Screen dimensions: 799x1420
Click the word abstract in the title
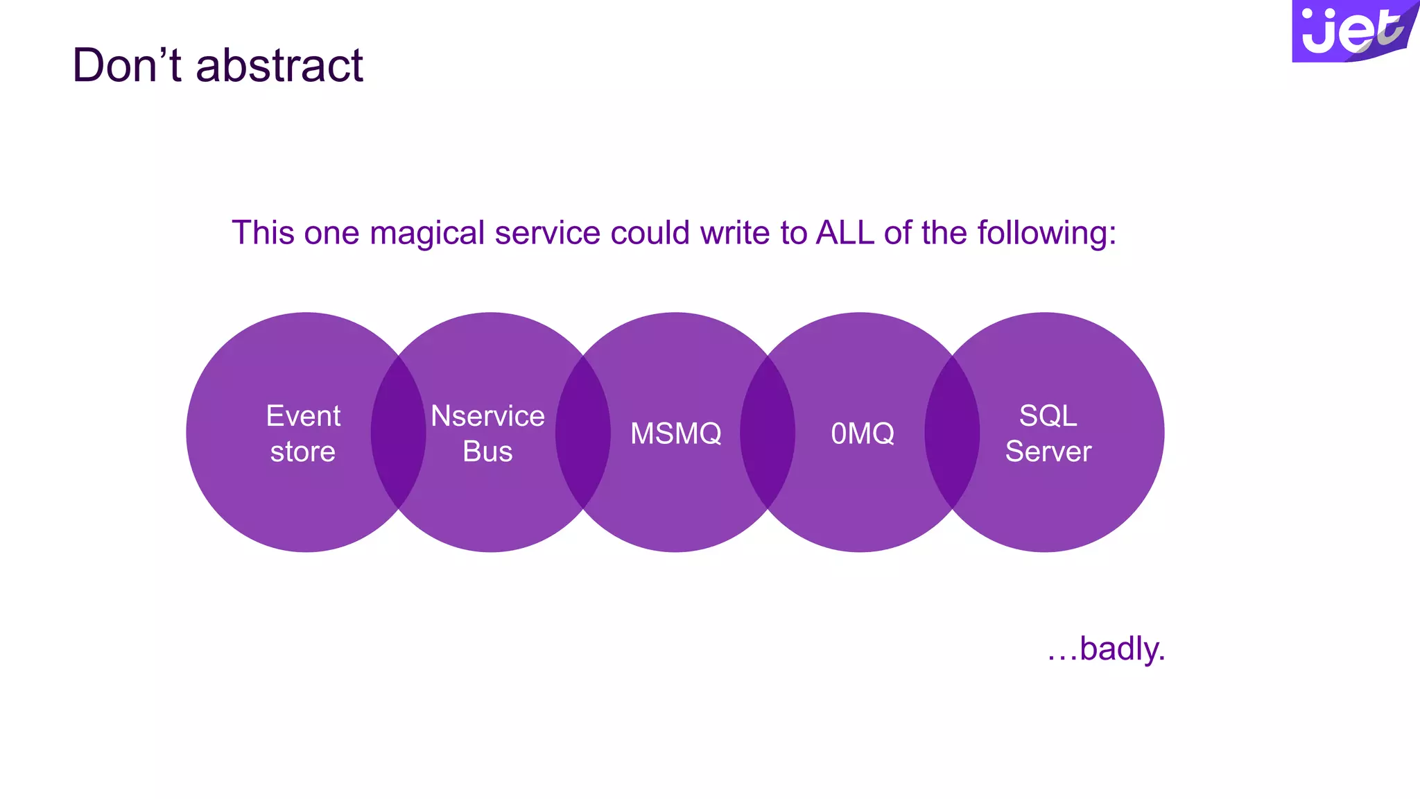pyautogui.click(x=279, y=66)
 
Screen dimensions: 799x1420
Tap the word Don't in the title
pyautogui.click(x=127, y=66)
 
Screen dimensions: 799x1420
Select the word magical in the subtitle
pyautogui.click(x=427, y=233)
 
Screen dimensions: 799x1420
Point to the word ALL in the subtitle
pyautogui.click(x=845, y=233)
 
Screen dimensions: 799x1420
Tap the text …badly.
pyautogui.click(x=1106, y=649)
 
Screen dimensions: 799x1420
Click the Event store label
pyautogui.click(x=303, y=433)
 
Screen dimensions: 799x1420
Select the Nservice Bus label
pyautogui.click(x=487, y=433)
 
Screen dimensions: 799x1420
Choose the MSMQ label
pyautogui.click(x=676, y=433)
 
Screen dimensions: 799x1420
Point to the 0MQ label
pyautogui.click(x=863, y=433)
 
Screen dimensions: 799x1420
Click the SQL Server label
pyautogui.click(x=1048, y=433)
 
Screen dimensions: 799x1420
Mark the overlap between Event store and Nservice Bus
pyautogui.click(x=398, y=432)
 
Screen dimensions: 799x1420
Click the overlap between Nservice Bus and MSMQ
pyautogui.click(x=583, y=432)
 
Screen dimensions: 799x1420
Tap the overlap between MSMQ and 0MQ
pyautogui.click(x=768, y=432)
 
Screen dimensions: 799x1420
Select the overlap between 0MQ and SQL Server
pyautogui.click(x=952, y=432)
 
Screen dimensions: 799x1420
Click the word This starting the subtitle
pyautogui.click(x=263, y=233)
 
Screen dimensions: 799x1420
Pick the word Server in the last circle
pyautogui.click(x=1048, y=452)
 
